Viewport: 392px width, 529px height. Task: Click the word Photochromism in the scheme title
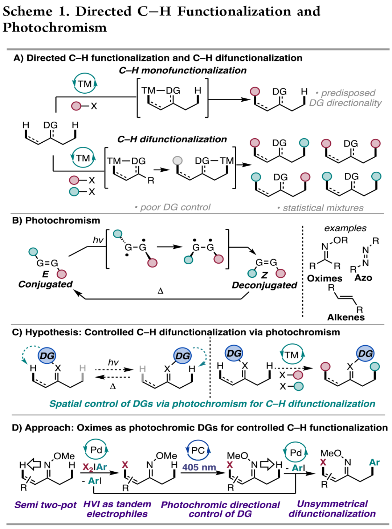55,28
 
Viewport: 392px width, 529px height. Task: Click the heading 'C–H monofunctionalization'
183,70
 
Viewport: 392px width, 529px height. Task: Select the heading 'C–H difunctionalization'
172,139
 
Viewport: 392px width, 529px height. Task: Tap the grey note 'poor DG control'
173,207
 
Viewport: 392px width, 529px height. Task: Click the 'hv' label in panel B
98,240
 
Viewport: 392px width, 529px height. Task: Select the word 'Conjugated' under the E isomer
45,284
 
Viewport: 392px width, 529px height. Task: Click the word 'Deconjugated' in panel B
264,285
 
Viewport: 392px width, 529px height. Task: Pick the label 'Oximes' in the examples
324,278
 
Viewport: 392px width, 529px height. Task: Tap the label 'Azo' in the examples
363,278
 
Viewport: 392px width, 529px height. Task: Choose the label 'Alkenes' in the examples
346,317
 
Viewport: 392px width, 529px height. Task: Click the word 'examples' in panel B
345,228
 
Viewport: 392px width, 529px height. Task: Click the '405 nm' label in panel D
199,467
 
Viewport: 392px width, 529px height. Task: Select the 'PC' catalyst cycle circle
198,451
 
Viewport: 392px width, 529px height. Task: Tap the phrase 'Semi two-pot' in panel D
45,505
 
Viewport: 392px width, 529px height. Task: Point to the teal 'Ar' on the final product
374,463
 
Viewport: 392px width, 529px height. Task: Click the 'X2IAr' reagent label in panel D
95,467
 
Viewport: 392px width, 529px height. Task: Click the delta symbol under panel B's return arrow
160,291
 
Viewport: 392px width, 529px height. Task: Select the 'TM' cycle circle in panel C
292,355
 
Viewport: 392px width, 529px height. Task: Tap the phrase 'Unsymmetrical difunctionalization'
332,509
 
